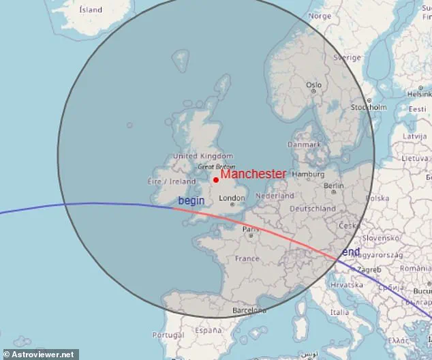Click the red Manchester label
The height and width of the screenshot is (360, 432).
tap(253, 175)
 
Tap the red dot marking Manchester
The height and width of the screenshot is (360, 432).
tap(216, 180)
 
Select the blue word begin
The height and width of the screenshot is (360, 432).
tap(191, 200)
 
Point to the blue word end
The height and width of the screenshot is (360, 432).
tap(351, 252)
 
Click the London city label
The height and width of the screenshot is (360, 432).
tap(232, 199)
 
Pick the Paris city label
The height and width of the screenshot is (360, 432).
tap(251, 230)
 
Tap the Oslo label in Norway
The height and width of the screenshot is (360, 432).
tap(313, 85)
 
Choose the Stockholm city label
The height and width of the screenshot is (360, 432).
tap(369, 108)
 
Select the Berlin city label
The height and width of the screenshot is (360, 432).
tap(335, 185)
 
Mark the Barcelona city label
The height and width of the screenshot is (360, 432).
tap(248, 311)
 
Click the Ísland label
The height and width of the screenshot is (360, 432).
tap(91, 10)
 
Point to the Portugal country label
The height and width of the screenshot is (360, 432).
tap(168, 335)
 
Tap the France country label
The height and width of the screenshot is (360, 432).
tap(247, 259)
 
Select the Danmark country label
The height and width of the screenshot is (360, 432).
tap(304, 145)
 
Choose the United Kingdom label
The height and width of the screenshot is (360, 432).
tap(203, 156)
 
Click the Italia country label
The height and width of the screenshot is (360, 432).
tap(340, 312)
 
